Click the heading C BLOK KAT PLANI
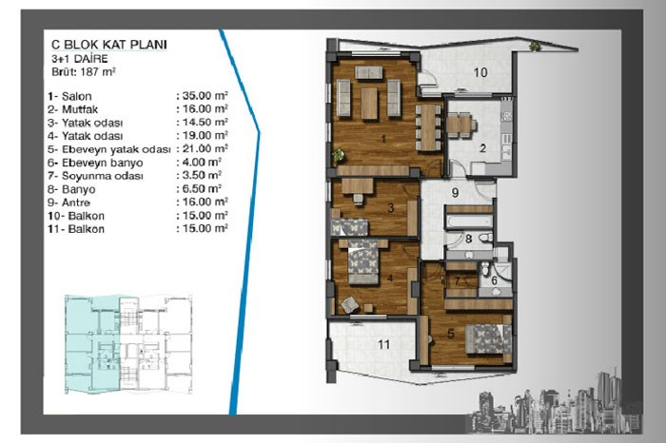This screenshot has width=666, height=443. pos(109,45)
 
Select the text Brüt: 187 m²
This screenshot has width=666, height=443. pos(84,71)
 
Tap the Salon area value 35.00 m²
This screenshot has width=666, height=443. pos(206,95)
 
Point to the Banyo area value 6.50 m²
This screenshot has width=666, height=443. pos(202,188)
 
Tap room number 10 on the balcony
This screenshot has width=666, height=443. pos(480,72)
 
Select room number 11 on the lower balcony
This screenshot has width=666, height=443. pos(384,344)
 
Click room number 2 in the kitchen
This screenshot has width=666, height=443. pos(482,148)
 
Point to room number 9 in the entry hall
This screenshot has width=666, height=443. pos(456,193)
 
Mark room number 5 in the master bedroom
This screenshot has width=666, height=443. pos(451,334)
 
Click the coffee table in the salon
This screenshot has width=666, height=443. pos(369,103)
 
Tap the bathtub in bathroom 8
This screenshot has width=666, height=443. pos(469,221)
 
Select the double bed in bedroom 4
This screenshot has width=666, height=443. pos(363,262)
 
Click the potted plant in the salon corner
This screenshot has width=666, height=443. pos(339,155)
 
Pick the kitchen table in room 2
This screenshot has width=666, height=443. pos(459,125)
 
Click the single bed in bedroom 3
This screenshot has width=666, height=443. pos(349,227)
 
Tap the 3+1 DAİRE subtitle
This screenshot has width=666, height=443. pos(80,59)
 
